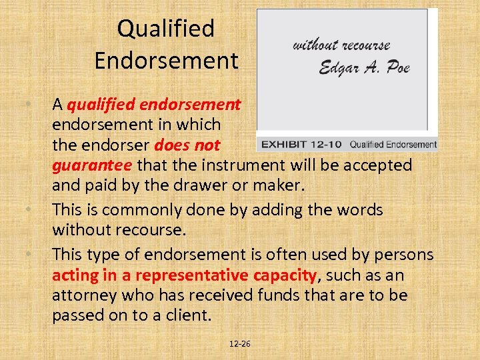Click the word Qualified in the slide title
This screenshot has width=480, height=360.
[165, 29]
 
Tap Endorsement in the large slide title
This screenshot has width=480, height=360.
[166, 61]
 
